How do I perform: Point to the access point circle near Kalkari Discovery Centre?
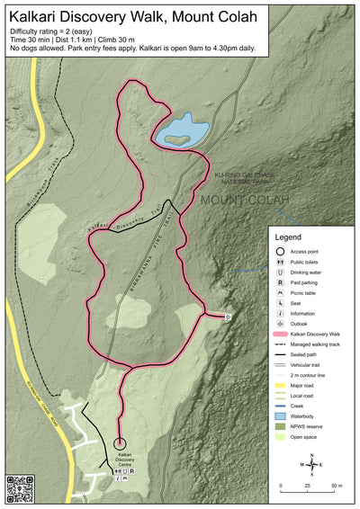[x=120, y=442]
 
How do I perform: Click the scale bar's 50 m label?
[x=335, y=486]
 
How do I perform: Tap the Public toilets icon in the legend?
[x=281, y=261]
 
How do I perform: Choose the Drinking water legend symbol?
[x=281, y=272]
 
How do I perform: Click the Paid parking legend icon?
[x=281, y=282]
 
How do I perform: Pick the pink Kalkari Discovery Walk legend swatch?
[x=281, y=333]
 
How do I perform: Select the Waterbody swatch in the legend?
[x=281, y=416]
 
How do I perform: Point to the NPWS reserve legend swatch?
[x=281, y=426]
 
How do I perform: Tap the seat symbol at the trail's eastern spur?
[x=228, y=317]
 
